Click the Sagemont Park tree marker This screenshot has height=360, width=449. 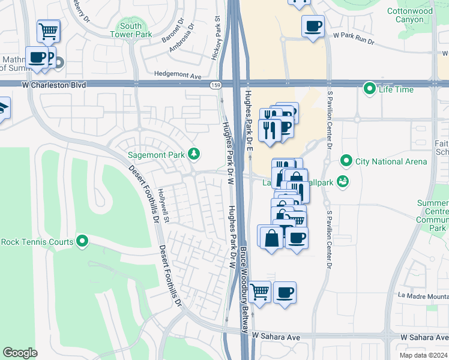[x=193, y=154]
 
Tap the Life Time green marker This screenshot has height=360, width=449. [x=370, y=89]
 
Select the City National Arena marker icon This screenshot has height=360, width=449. [x=346, y=160]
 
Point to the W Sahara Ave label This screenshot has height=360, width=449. [x=276, y=337]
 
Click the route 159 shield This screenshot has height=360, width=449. [x=215, y=86]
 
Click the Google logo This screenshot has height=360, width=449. [x=20, y=353]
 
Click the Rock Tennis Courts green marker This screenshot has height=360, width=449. [x=83, y=242]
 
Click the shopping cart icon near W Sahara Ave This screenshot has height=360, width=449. [x=260, y=292]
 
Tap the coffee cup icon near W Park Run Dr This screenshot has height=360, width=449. [x=313, y=27]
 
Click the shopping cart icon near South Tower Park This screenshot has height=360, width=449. [x=48, y=30]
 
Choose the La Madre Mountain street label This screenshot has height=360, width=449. [x=423, y=295]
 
